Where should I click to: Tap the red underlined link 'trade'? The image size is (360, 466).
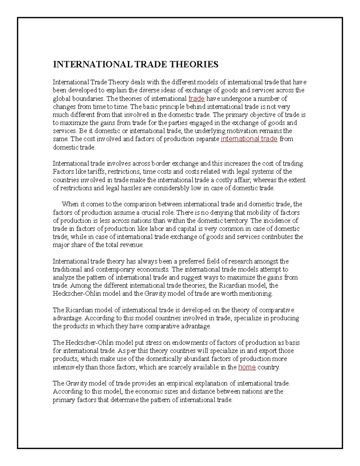point(196,98)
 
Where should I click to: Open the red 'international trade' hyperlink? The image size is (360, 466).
point(249,139)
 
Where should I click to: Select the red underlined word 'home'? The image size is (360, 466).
point(247,367)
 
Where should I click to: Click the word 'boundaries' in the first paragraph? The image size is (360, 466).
point(89,98)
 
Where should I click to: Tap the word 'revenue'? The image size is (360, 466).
point(132,245)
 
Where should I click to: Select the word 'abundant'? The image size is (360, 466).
point(196,359)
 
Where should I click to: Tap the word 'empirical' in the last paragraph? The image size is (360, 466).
point(180,383)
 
